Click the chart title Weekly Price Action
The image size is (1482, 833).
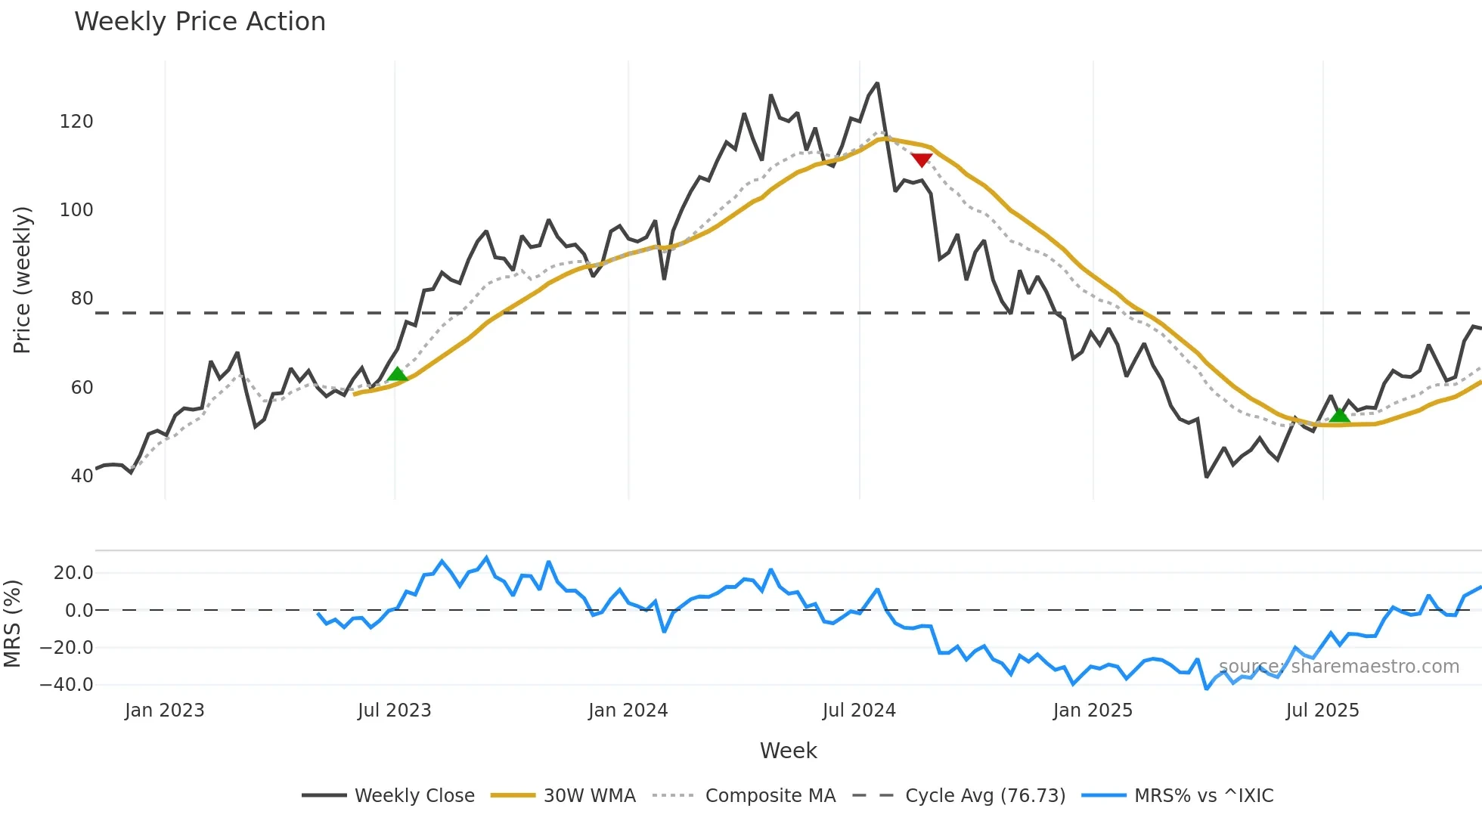[200, 22]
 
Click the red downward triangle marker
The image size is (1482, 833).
[921, 159]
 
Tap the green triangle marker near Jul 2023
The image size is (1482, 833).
[397, 374]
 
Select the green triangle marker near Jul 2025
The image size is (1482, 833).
[1340, 415]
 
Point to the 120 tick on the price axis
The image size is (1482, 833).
[76, 122]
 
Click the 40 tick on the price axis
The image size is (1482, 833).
[82, 476]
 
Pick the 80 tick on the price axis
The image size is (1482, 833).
[82, 299]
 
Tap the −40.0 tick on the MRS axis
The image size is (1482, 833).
[67, 685]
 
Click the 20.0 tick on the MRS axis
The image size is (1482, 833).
[73, 573]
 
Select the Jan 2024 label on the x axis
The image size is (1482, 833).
[628, 711]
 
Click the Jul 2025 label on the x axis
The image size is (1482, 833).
[1322, 711]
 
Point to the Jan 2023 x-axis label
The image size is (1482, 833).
[164, 711]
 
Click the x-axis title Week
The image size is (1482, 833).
[788, 751]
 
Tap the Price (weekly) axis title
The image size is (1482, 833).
[22, 280]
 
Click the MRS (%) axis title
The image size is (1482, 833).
[12, 624]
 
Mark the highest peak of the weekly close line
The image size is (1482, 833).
[877, 83]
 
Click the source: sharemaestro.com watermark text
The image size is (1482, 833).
[1338, 667]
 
